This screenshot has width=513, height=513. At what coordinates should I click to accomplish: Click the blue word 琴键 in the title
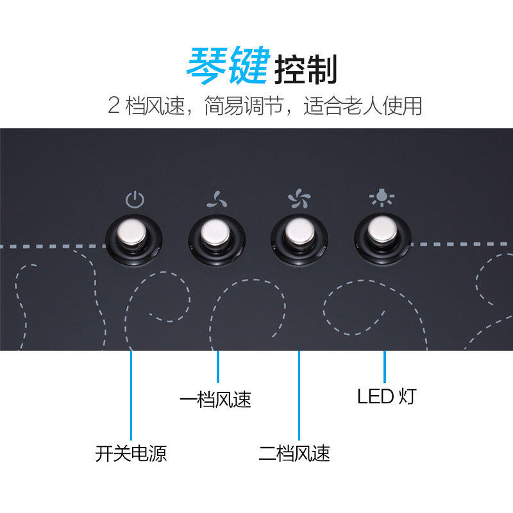227,66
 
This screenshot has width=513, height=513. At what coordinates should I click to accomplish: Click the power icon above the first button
135,200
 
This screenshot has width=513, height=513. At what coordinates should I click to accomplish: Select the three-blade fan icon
217,200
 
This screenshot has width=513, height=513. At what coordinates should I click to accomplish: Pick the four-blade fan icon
299,200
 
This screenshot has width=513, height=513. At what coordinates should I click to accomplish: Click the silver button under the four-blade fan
299,236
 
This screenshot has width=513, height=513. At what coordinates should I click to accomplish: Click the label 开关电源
131,454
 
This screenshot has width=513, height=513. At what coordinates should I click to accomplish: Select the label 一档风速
215,400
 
